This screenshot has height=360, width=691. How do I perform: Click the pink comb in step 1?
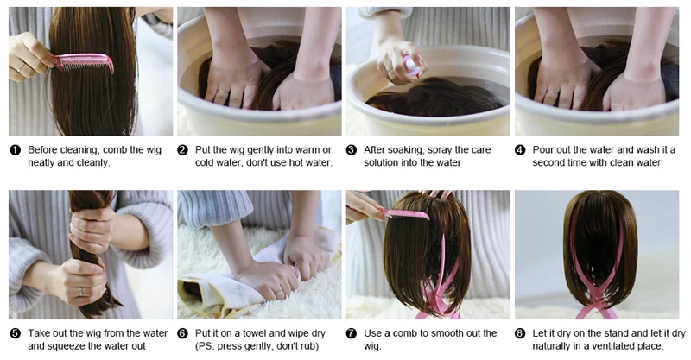[83, 62]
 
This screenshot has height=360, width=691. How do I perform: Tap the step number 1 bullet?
[15, 150]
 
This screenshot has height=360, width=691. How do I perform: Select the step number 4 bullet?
[520, 150]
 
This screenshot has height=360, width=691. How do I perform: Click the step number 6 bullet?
[182, 333]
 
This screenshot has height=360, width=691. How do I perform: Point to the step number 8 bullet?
[520, 333]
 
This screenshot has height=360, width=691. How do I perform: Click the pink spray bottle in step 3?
[412, 66]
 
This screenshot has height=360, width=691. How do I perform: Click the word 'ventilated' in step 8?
[604, 346]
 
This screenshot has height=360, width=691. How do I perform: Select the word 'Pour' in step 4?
[542, 150]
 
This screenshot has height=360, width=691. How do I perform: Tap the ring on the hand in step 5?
[81, 292]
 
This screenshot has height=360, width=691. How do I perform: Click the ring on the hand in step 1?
[21, 68]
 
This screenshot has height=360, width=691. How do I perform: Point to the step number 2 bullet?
[182, 150]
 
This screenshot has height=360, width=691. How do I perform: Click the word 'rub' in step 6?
[309, 346]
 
